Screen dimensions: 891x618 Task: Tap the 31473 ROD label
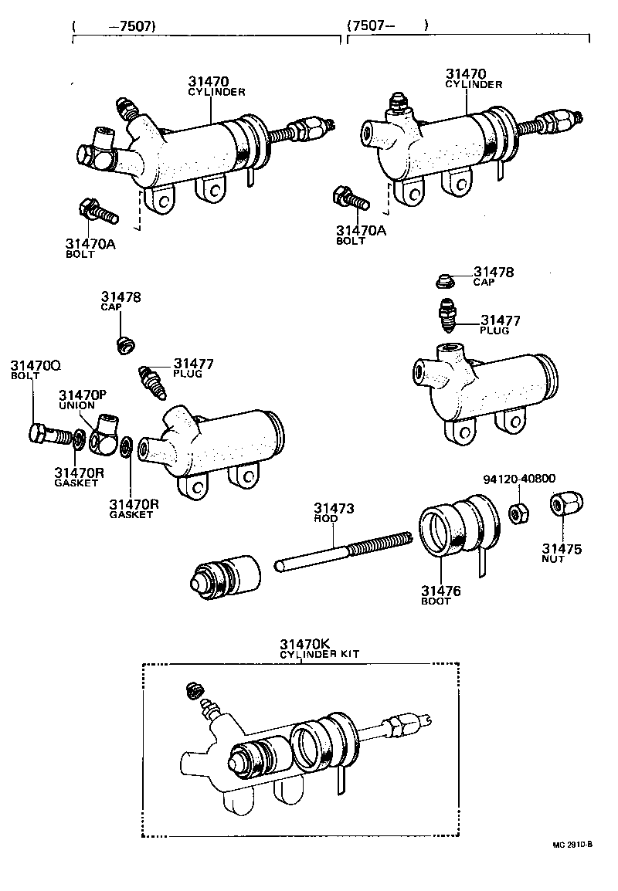click(333, 513)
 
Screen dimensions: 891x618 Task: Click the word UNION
click(77, 405)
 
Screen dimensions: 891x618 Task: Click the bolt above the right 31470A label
click(348, 198)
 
